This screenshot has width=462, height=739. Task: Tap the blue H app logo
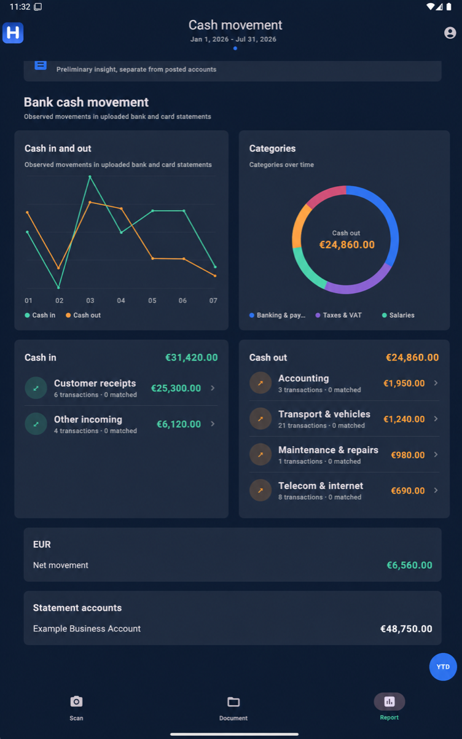point(13,33)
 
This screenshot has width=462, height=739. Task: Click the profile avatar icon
point(450,33)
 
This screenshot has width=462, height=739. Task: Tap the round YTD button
point(443,667)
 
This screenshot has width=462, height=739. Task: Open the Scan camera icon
point(76,702)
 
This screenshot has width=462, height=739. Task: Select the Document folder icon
point(233,702)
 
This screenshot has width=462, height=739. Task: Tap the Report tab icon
point(390,702)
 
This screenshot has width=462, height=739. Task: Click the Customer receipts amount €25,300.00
point(176,388)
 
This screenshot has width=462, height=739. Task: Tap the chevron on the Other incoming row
point(213,424)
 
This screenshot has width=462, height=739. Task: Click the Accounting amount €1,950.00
point(404,383)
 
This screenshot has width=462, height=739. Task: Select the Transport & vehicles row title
point(324,414)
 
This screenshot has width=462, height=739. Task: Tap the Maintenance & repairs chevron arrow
point(436,455)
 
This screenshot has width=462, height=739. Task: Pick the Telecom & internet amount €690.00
point(407,491)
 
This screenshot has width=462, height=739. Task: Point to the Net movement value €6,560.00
point(409,565)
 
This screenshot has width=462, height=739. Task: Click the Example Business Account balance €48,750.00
point(406,629)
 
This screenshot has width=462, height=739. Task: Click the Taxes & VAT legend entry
point(339,315)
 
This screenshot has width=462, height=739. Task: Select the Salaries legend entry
point(398,315)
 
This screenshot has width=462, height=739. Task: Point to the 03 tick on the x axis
point(90,300)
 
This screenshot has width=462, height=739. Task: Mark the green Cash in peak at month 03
point(90,177)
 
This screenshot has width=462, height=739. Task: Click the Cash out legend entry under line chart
point(83,315)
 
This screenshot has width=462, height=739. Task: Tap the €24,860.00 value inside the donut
point(347,244)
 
